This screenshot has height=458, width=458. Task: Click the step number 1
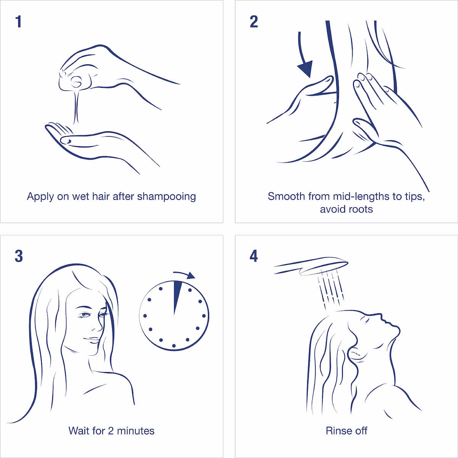pyautogui.click(x=19, y=22)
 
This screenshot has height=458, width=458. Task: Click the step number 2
pyautogui.click(x=254, y=22)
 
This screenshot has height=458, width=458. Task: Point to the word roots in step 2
pyautogui.click(x=359, y=210)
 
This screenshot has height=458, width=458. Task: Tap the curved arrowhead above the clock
pyautogui.click(x=190, y=275)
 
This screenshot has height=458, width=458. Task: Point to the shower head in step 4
pyautogui.click(x=311, y=266)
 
